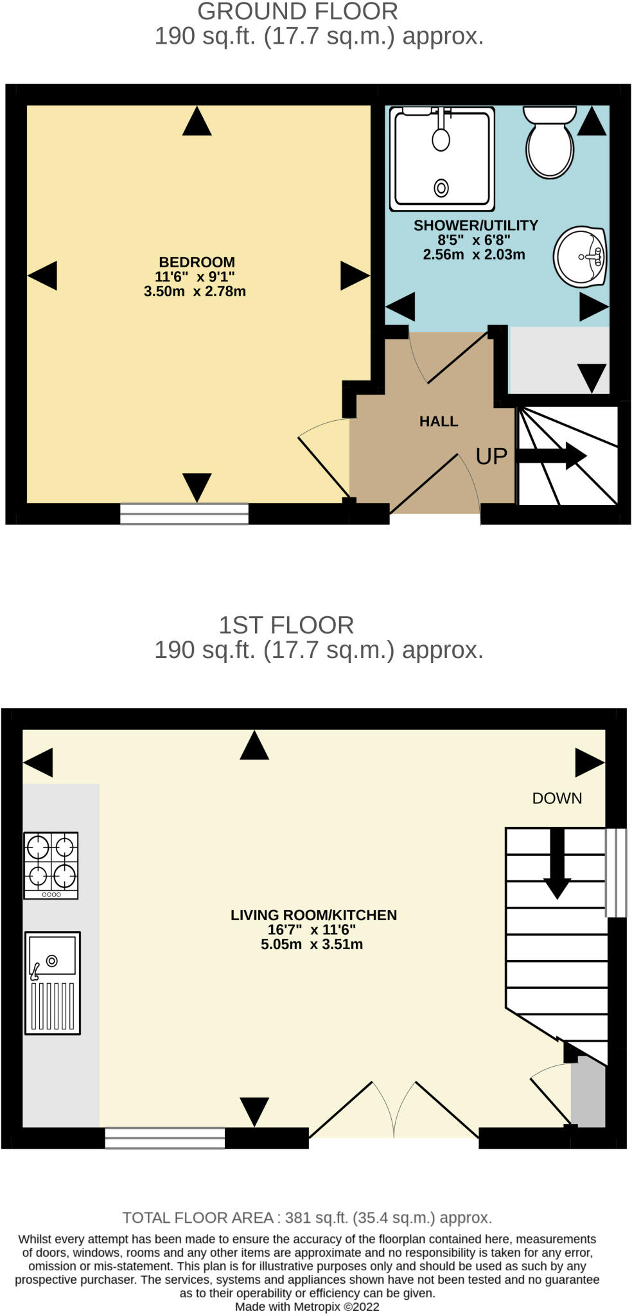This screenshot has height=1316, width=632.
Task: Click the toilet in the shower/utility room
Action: pyautogui.click(x=549, y=141)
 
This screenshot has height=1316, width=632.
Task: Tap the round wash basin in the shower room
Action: pyautogui.click(x=581, y=256)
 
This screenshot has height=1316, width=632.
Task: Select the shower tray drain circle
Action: pyautogui.click(x=441, y=188)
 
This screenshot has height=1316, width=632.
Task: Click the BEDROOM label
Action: pyautogui.click(x=197, y=262)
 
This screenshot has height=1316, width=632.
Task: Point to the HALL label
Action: pyautogui.click(x=439, y=422)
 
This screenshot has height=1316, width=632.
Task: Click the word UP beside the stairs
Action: pyautogui.click(x=491, y=456)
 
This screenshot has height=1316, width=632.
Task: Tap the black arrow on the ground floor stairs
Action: pyautogui.click(x=552, y=456)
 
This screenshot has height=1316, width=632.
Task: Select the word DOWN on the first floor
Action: pyautogui.click(x=557, y=798)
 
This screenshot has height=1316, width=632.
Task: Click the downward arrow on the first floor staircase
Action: pyautogui.click(x=557, y=863)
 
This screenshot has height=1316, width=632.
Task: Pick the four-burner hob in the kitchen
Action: pyautogui.click(x=51, y=865)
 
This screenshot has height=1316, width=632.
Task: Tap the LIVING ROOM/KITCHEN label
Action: pyautogui.click(x=313, y=915)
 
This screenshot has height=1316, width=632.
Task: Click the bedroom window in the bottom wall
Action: pyautogui.click(x=184, y=513)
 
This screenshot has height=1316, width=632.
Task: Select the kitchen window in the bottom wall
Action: pyautogui.click(x=165, y=1137)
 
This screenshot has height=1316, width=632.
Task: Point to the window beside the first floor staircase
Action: pyautogui.click(x=616, y=873)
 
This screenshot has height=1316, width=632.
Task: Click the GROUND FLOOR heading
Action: pyautogui.click(x=297, y=12)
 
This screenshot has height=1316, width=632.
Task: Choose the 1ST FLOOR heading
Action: pyautogui.click(x=286, y=625)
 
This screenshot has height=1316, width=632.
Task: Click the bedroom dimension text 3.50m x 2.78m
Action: pyautogui.click(x=195, y=291)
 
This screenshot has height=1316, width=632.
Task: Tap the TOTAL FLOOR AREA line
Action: pyautogui.click(x=307, y=1218)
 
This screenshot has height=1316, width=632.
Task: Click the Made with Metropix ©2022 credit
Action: pyautogui.click(x=307, y=1307)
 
